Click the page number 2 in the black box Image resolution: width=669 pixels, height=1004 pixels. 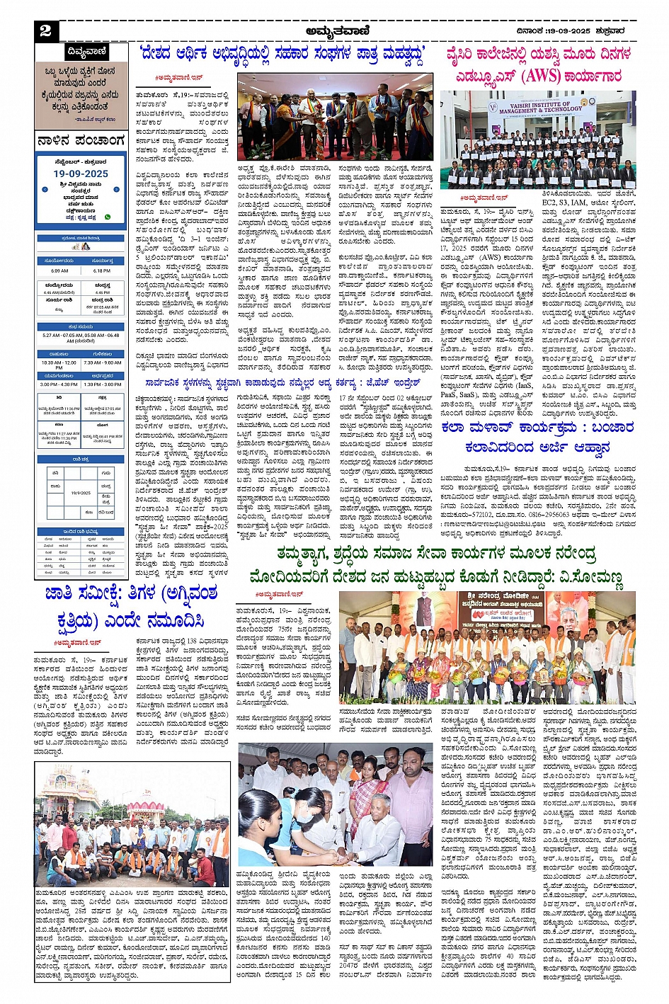pyautogui.click(x=46, y=30)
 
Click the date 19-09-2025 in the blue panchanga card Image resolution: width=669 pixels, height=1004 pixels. pyautogui.click(x=81, y=173)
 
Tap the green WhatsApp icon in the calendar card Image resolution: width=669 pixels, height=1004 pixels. pyautogui.click(x=108, y=217)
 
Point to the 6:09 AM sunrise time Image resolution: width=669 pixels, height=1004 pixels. pyautogui.click(x=59, y=270)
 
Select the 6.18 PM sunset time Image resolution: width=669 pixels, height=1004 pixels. pyautogui.click(x=102, y=270)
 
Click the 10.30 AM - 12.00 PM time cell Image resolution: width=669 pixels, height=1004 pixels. pyautogui.click(x=59, y=364)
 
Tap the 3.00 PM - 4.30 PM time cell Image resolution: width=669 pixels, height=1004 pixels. pyautogui.click(x=59, y=384)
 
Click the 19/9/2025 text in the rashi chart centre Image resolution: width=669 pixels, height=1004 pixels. pyautogui.click(x=81, y=493)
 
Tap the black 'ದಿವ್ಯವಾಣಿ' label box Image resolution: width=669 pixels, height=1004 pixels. pyautogui.click(x=86, y=52)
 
